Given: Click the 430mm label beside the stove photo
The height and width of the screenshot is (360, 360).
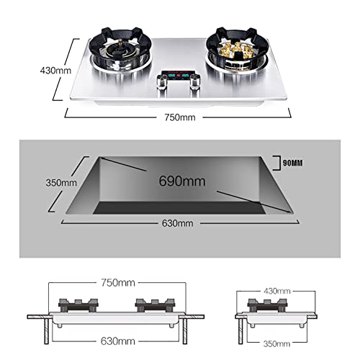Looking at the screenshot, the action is pyautogui.click(x=55, y=71).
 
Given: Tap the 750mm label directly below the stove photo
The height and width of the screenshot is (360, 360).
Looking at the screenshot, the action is pyautogui.click(x=180, y=117).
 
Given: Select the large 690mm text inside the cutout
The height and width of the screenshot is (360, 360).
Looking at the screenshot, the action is pyautogui.click(x=182, y=181).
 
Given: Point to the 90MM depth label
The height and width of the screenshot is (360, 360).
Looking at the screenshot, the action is pyautogui.click(x=293, y=163).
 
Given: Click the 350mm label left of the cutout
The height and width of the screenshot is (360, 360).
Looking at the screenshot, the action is pyautogui.click(x=61, y=183).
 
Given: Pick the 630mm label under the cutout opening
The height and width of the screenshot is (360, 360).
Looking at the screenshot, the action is pyautogui.click(x=178, y=223).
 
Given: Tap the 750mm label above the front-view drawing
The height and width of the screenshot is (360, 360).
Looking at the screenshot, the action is pyautogui.click(x=118, y=283).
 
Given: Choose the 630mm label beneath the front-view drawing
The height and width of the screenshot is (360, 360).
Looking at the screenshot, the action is pyautogui.click(x=118, y=341).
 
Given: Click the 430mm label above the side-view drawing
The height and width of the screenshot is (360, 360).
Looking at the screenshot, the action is pyautogui.click(x=277, y=291).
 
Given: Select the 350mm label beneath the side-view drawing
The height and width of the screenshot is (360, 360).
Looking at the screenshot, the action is pyautogui.click(x=276, y=344).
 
